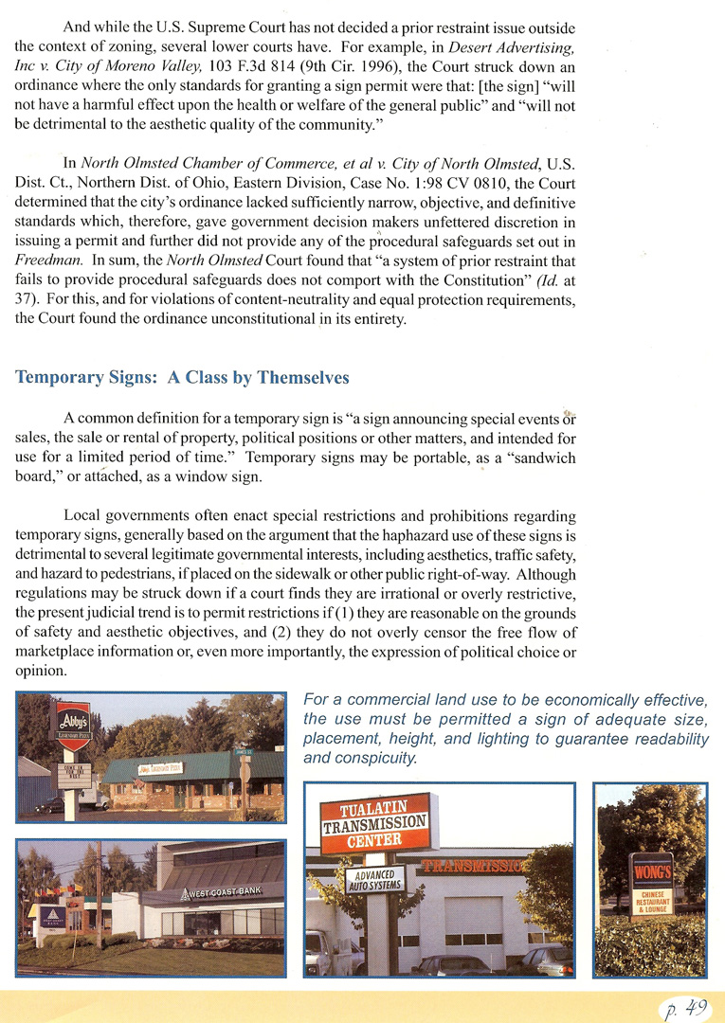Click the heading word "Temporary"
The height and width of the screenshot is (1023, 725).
click(59, 378)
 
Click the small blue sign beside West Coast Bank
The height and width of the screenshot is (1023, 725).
click(50, 917)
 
